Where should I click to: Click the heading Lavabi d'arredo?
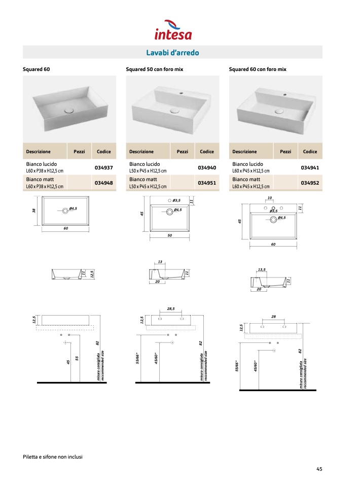pyautogui.click(x=172, y=53)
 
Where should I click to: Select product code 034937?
pyautogui.click(x=104, y=167)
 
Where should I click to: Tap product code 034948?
pyautogui.click(x=104, y=183)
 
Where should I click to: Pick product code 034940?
pyautogui.click(x=207, y=167)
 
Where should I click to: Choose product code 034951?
pyautogui.click(x=207, y=183)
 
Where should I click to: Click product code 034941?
pyautogui.click(x=310, y=167)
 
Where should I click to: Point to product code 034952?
pyautogui.click(x=310, y=183)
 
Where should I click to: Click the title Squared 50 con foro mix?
pyautogui.click(x=154, y=69)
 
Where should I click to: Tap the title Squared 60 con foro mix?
pyautogui.click(x=258, y=69)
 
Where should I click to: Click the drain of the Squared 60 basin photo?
pyautogui.click(x=70, y=109)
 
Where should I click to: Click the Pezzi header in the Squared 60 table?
pyautogui.click(x=79, y=152)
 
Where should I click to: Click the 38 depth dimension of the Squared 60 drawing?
pyautogui.click(x=34, y=211)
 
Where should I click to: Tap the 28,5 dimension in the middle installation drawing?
pyautogui.click(x=171, y=308)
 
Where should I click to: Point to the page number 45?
pyautogui.click(x=319, y=469)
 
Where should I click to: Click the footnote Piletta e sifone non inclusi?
pyautogui.click(x=53, y=457)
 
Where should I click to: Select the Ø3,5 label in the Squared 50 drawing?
pyautogui.click(x=177, y=201)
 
